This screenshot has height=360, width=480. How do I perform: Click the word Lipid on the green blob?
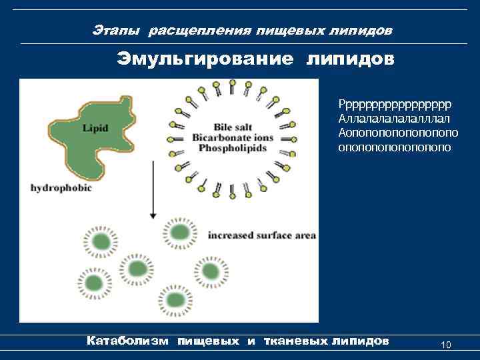click(x=95, y=127)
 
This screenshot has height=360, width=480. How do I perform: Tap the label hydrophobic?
click(x=61, y=188)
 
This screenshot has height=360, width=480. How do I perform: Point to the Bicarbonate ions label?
click(x=234, y=137)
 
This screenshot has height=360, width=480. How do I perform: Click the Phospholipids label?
click(x=234, y=147)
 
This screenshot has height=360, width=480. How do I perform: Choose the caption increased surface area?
click(x=262, y=235)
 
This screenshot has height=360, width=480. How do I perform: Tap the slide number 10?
click(x=446, y=345)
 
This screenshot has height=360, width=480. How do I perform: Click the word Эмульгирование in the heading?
click(x=205, y=59)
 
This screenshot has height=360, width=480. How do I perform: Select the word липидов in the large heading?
click(x=351, y=59)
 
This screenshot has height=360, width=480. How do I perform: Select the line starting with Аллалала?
click(x=395, y=119)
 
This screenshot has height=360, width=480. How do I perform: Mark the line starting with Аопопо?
click(x=398, y=133)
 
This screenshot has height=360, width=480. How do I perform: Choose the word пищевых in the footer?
click(x=207, y=341)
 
